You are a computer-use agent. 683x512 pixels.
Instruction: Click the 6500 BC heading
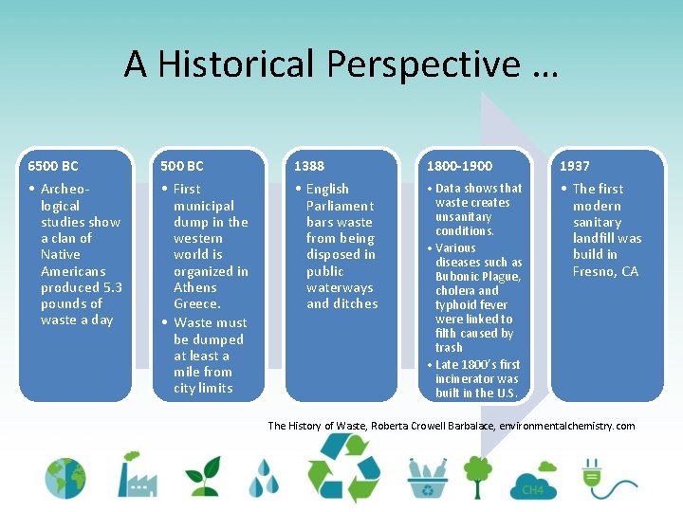pyautogui.click(x=53, y=166)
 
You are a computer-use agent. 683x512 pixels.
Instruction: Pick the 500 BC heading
pyautogui.click(x=182, y=166)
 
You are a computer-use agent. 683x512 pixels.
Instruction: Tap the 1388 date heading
pyautogui.click(x=309, y=166)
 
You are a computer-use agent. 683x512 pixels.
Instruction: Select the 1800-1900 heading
pyautogui.click(x=459, y=166)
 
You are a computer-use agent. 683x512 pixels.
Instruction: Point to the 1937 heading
pyautogui.click(x=574, y=166)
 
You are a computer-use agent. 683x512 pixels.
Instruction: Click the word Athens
pyautogui.click(x=195, y=287)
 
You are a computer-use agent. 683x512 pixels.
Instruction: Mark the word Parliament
pyautogui.click(x=340, y=206)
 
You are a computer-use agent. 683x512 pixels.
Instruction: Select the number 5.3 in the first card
pyautogui.click(x=112, y=287)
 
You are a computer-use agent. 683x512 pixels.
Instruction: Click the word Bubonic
pyautogui.click(x=459, y=277)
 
